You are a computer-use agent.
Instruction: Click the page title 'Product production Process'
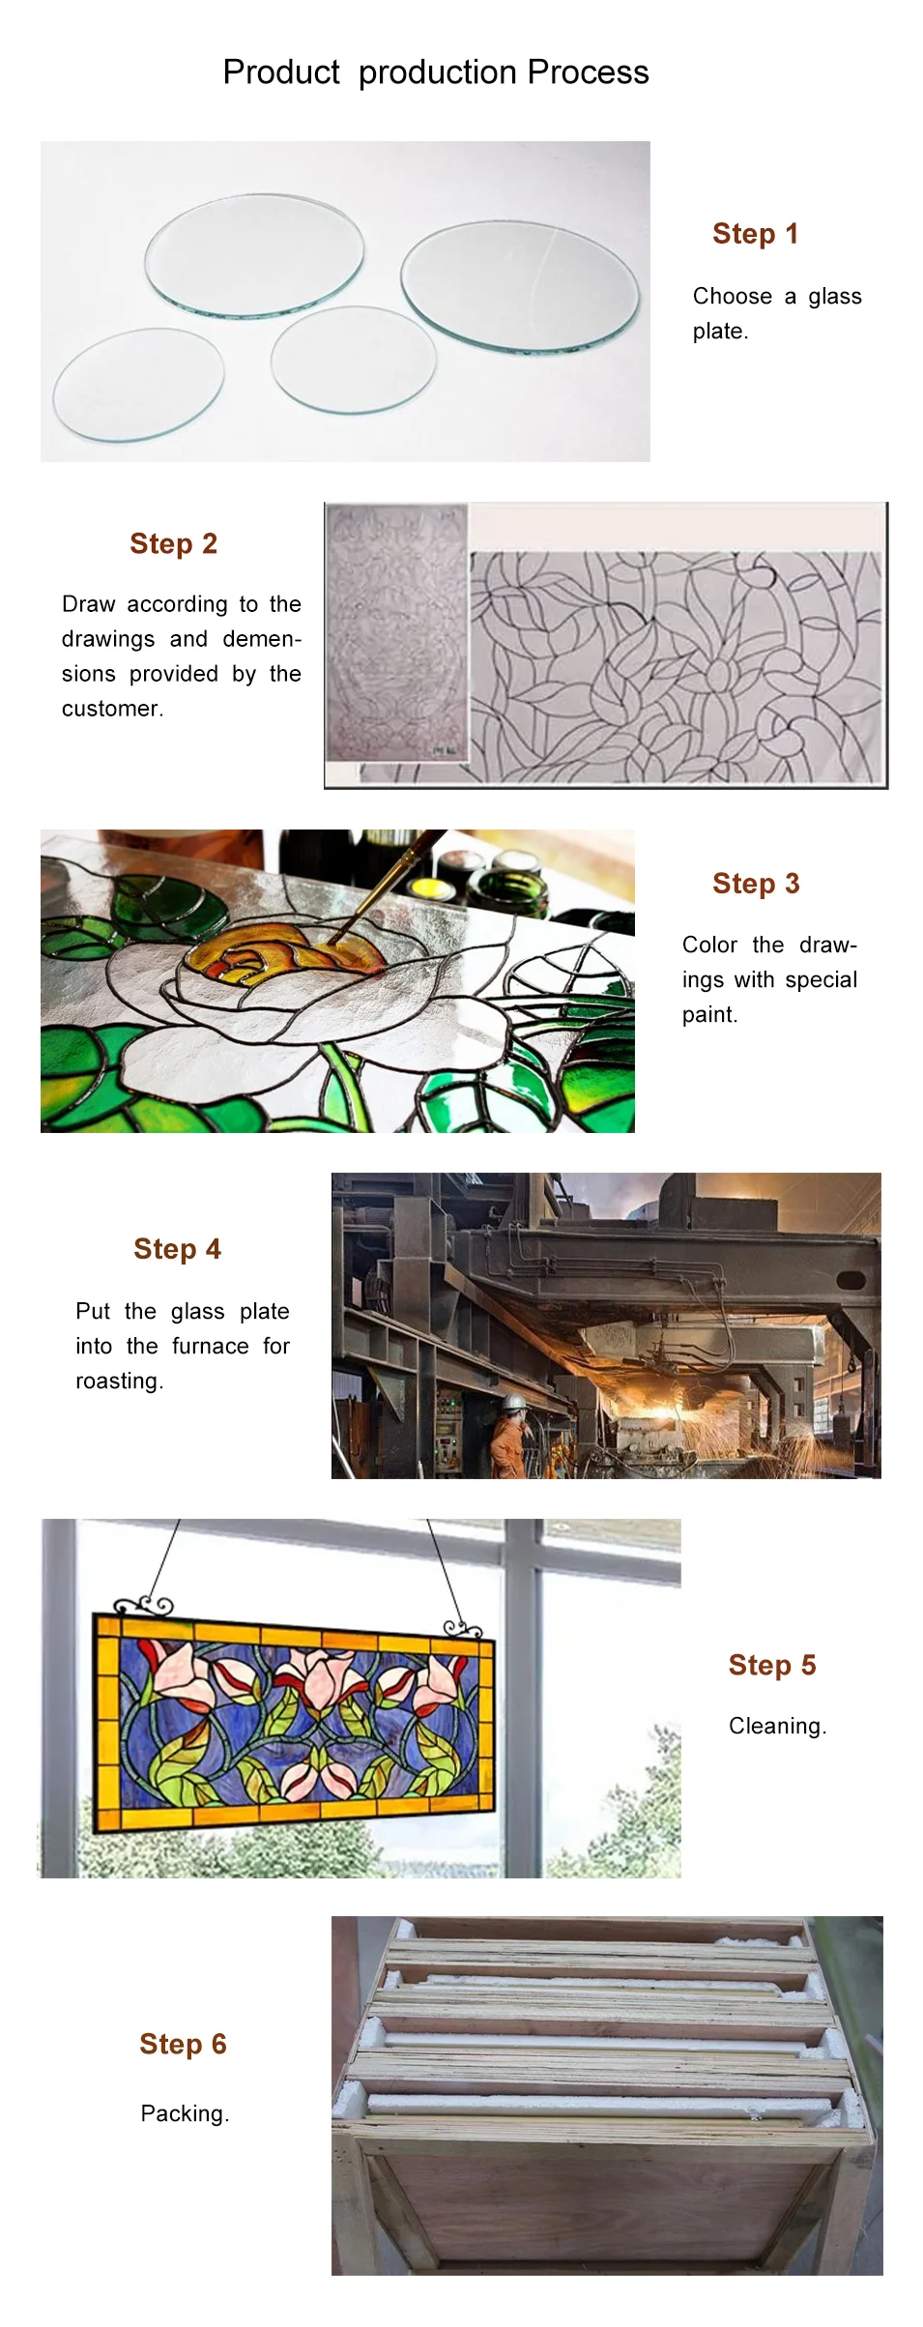436,73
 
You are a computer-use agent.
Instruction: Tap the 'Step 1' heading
755,234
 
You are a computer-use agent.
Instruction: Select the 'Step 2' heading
174,544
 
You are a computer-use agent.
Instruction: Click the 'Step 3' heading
756,884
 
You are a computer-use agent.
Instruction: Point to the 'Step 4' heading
178,1249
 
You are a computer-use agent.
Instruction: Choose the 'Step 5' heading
772,1665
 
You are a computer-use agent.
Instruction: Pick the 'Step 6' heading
183,2044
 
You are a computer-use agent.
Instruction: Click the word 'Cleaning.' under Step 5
778,1727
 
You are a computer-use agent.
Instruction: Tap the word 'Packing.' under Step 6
186,2114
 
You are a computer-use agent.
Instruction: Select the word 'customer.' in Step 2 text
113,709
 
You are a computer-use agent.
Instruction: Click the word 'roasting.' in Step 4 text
120,1382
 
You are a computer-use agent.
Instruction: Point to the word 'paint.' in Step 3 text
710,1015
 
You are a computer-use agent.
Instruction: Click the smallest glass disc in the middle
354,359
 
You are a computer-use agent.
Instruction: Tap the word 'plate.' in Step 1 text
721,332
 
